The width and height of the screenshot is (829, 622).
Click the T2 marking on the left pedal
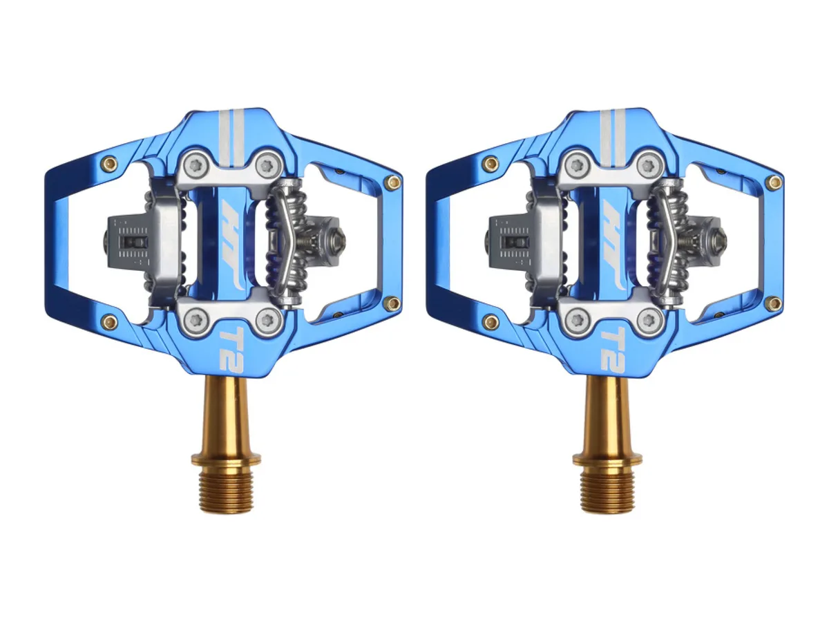pos(230,348)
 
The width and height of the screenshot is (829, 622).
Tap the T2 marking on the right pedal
pos(612,348)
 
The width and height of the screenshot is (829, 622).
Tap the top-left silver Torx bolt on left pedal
pos(196,165)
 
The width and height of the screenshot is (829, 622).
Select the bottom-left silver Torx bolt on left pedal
pos(196,320)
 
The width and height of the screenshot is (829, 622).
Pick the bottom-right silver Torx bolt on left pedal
pos(268,320)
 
